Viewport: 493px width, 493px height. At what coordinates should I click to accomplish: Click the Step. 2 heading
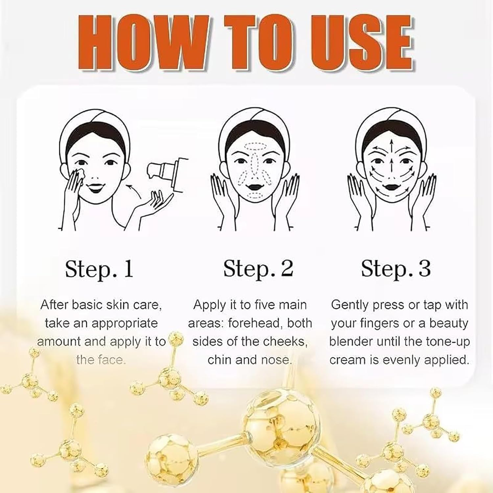[258, 269]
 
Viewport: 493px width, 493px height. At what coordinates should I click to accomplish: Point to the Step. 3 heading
[396, 269]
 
